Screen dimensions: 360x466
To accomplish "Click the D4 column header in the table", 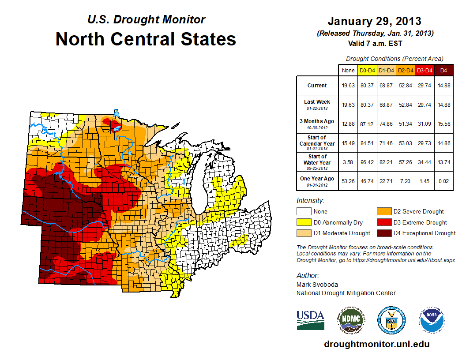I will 444,71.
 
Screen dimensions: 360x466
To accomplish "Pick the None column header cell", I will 348,71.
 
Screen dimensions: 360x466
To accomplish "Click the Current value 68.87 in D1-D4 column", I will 387,85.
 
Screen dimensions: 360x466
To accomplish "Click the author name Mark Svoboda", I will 316,285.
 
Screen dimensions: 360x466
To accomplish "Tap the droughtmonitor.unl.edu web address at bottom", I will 376,344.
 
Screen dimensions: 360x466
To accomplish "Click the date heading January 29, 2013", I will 374,21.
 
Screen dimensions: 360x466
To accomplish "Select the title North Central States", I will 146,39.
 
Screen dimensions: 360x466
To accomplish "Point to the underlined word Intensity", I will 310,201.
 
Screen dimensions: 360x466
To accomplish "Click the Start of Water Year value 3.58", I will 348,163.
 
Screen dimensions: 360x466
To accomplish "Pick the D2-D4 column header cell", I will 406,71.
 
